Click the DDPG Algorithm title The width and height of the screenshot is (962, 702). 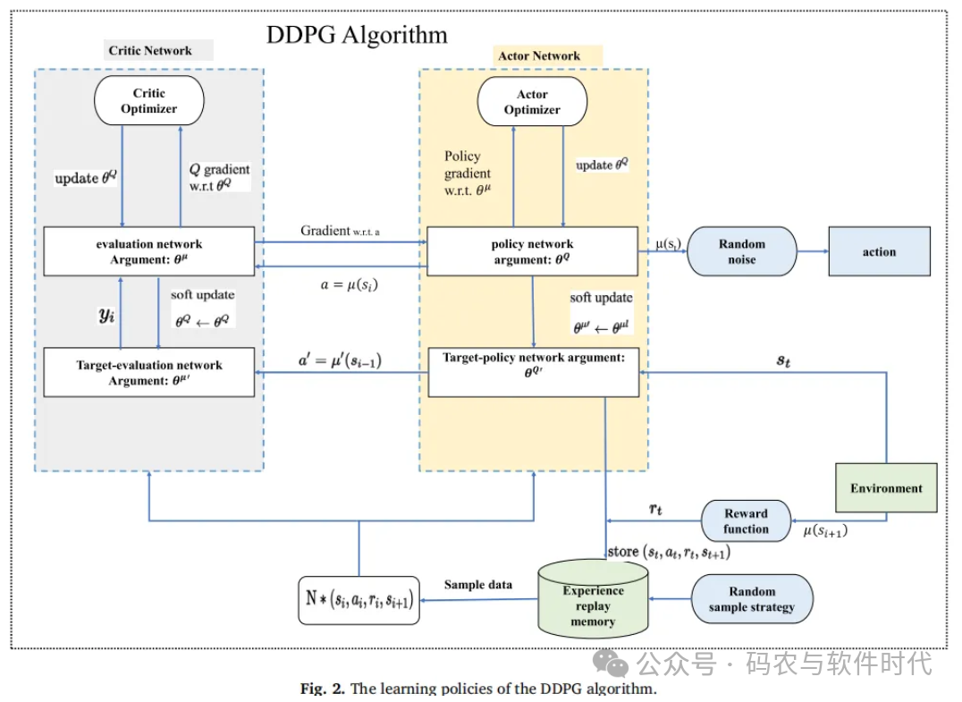pyautogui.click(x=357, y=36)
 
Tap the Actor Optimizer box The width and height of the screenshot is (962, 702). pyautogui.click(x=532, y=102)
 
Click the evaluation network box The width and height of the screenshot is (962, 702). pyautogui.click(x=149, y=251)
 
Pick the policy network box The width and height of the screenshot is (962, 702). pyautogui.click(x=533, y=251)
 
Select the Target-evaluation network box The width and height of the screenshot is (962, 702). pyautogui.click(x=149, y=372)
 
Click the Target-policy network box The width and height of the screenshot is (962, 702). pyautogui.click(x=533, y=372)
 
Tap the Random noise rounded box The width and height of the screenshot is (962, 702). pyautogui.click(x=741, y=251)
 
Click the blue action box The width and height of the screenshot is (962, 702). pyautogui.click(x=879, y=251)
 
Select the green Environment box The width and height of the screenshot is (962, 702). pyautogui.click(x=886, y=488)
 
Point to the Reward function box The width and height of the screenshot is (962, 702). pyautogui.click(x=746, y=520)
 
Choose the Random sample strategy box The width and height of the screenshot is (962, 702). pyautogui.click(x=752, y=599)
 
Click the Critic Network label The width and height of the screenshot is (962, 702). pyautogui.click(x=150, y=51)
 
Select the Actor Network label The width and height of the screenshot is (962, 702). pyautogui.click(x=539, y=56)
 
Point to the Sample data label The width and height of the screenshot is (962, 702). pyautogui.click(x=478, y=585)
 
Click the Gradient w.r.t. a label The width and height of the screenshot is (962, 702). pyautogui.click(x=341, y=232)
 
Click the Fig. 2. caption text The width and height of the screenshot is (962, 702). pyautogui.click(x=478, y=689)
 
